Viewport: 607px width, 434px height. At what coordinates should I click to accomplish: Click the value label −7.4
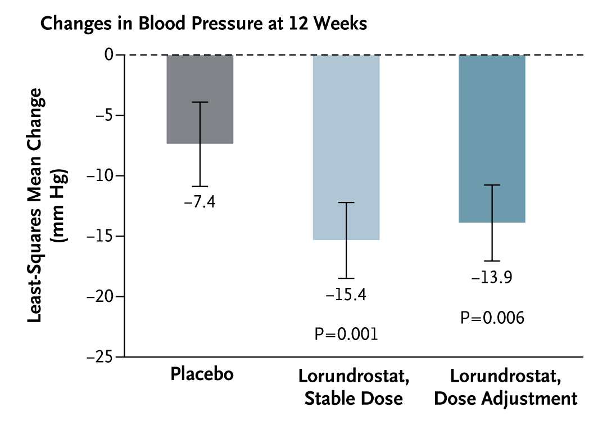(x=200, y=202)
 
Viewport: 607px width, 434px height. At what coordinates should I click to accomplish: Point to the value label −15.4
(x=346, y=295)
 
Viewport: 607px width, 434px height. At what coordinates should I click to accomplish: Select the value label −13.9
(x=492, y=277)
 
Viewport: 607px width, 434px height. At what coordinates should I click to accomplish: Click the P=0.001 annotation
(x=346, y=334)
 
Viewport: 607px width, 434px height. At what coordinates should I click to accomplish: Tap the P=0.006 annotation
(x=492, y=318)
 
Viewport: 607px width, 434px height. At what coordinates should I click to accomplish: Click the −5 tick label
(x=105, y=115)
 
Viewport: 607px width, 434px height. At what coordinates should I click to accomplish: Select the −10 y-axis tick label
(x=102, y=176)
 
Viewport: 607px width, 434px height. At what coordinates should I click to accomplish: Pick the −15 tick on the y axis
(x=102, y=236)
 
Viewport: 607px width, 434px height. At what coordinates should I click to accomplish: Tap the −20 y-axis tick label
(x=102, y=297)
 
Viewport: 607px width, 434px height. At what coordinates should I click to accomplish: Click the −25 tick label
(x=102, y=357)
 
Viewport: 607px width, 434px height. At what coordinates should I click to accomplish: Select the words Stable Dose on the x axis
(x=354, y=399)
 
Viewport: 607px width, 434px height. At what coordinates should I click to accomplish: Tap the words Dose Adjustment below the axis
(x=506, y=399)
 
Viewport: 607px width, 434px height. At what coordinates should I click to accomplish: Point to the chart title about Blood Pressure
(x=204, y=24)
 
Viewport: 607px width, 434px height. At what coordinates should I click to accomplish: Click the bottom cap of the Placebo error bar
(x=200, y=186)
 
